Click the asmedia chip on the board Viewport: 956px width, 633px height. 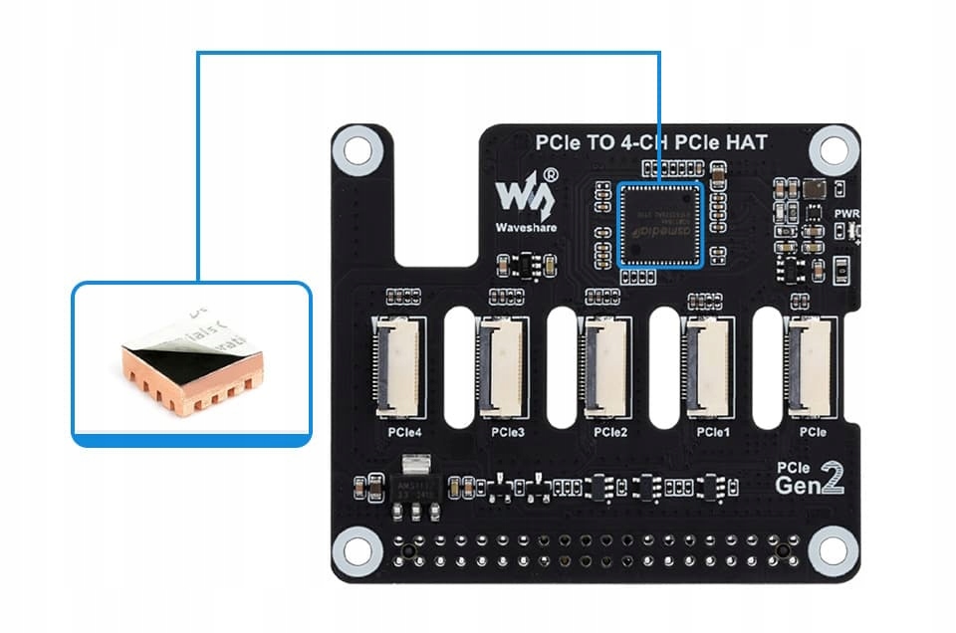point(661,224)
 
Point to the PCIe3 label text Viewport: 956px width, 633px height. point(507,433)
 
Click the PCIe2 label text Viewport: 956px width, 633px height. point(609,433)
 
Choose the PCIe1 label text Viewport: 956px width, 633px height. point(713,433)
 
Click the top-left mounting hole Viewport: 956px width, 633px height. point(356,149)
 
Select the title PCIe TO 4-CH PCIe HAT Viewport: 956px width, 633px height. point(651,143)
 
